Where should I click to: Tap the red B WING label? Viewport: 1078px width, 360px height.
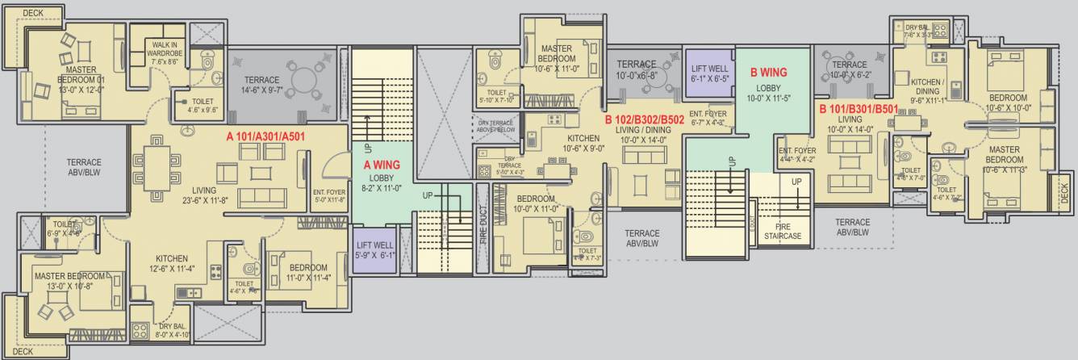coord(768,72)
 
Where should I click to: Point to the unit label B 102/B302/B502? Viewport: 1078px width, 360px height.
coord(645,120)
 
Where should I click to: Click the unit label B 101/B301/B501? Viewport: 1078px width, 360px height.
coord(858,108)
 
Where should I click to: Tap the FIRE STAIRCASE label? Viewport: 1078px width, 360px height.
coord(782,232)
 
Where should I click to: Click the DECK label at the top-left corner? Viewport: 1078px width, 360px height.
coord(33,13)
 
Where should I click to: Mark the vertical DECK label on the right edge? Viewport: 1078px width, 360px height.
coord(1063,192)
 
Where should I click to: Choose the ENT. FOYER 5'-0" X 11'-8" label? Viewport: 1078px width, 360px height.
coord(328,195)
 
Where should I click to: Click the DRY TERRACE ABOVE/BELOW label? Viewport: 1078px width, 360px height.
coord(496,125)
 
